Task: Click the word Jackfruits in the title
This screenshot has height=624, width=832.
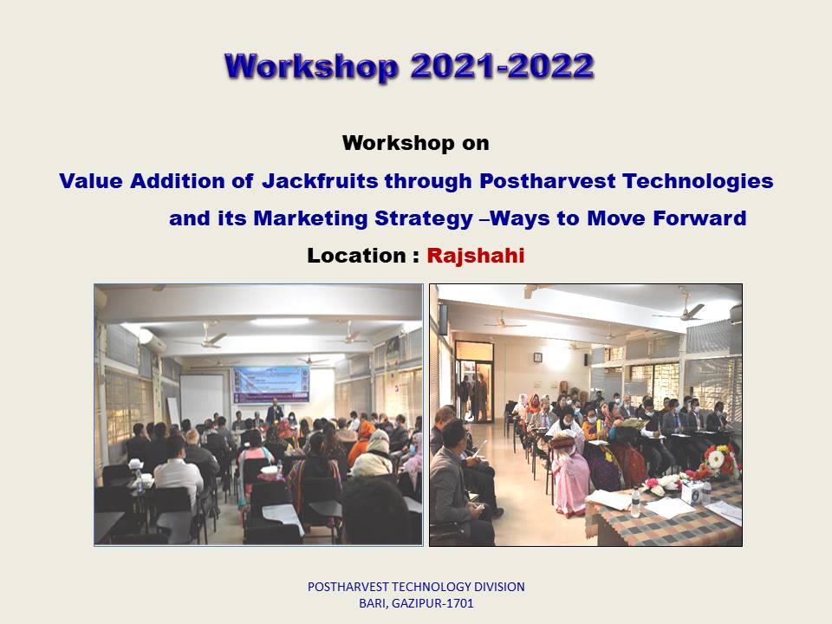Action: [x=320, y=181]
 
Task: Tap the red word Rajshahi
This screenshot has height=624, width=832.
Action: [x=476, y=256]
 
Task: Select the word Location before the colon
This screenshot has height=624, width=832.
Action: [x=356, y=256]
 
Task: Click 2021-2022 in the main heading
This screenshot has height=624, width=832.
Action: [x=502, y=67]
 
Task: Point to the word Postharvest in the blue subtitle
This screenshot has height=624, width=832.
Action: [x=547, y=181]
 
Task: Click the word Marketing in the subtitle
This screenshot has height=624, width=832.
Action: [x=310, y=218]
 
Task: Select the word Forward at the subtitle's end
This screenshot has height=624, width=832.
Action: [x=699, y=218]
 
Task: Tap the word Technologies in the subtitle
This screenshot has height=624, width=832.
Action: [x=698, y=181]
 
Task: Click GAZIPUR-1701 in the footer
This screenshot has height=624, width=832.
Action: [x=432, y=603]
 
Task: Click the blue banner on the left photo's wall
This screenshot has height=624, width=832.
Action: [x=270, y=384]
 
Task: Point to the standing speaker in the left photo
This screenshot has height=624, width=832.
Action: [x=275, y=411]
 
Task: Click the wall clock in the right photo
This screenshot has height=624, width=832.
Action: [x=537, y=357]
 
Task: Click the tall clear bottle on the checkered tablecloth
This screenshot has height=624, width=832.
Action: [x=635, y=502]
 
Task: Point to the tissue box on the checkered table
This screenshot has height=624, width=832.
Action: [x=692, y=492]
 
